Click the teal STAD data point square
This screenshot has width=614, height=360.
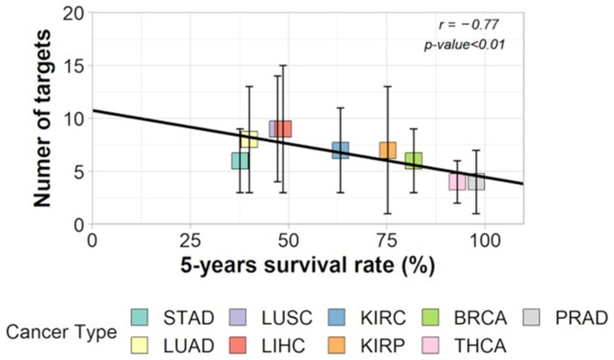pos(240,160)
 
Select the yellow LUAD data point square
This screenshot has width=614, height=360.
pos(249,140)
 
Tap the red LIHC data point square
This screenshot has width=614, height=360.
pos(282,128)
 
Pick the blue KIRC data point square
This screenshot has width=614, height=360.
pos(340,151)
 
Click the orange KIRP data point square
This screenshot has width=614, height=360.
pos(388,151)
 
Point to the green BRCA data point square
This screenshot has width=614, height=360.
pos(413,160)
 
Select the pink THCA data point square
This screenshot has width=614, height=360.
pos(457,182)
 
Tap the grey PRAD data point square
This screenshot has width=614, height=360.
pos(476,182)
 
